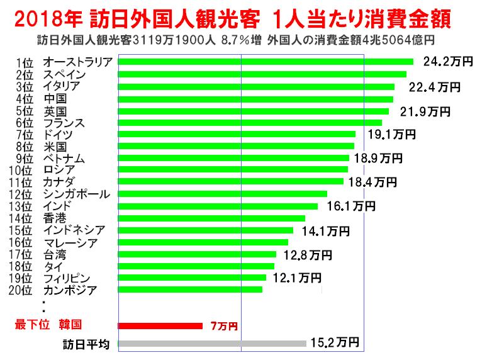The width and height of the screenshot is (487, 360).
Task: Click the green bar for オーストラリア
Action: pyautogui.click(x=266, y=62)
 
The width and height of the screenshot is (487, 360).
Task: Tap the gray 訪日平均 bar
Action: pyautogui.click(x=212, y=344)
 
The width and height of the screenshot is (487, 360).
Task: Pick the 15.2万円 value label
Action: pyautogui.click(x=335, y=343)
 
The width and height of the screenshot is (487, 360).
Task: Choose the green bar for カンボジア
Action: pyautogui.click(x=190, y=290)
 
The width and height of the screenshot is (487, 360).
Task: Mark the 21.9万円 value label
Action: pyautogui.click(x=425, y=111)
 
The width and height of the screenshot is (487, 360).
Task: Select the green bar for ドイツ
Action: pyautogui.click(x=237, y=134)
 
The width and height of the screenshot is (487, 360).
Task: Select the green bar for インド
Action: pyautogui.click(x=218, y=206)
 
